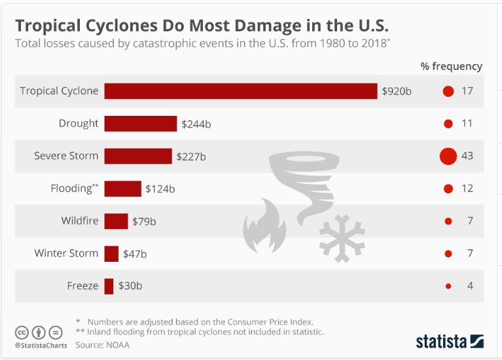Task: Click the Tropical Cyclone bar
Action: [240, 91]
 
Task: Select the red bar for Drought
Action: [140, 124]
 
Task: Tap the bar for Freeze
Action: [109, 286]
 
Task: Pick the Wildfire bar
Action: [116, 221]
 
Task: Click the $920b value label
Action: [397, 91]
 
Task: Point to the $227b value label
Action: [191, 156]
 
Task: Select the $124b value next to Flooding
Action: [160, 189]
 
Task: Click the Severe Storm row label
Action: [66, 156]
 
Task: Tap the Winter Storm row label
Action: [66, 253]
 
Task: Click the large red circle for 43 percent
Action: [448, 156]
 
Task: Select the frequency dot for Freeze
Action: [448, 286]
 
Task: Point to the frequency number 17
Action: [467, 91]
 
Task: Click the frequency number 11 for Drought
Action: [467, 124]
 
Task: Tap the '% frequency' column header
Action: [451, 66]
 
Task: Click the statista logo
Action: [449, 341]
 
